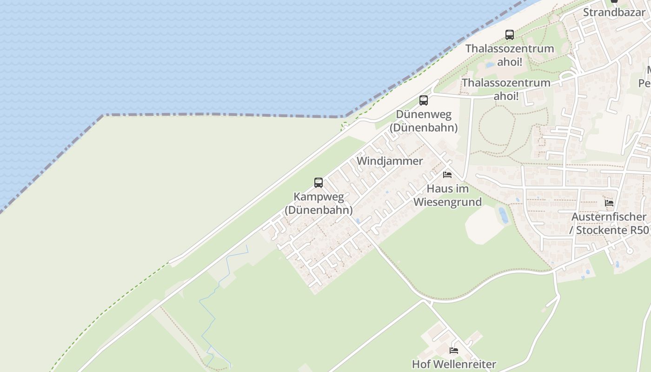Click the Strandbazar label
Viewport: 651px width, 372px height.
614,12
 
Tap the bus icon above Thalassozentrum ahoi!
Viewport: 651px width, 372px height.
510,34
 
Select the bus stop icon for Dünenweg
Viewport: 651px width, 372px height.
423,100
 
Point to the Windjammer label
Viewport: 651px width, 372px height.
390,161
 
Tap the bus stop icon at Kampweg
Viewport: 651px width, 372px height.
319,182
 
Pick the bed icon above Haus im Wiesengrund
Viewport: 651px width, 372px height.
447,175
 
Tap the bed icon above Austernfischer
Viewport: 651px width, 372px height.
609,203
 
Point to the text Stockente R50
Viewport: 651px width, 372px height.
612,230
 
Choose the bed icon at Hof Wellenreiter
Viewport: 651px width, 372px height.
454,350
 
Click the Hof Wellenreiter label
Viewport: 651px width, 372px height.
454,364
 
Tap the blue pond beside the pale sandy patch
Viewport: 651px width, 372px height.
503,215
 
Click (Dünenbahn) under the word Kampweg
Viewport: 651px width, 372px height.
319,210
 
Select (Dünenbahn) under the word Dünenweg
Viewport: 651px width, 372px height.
424,127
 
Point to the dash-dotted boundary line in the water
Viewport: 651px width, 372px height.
223,114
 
